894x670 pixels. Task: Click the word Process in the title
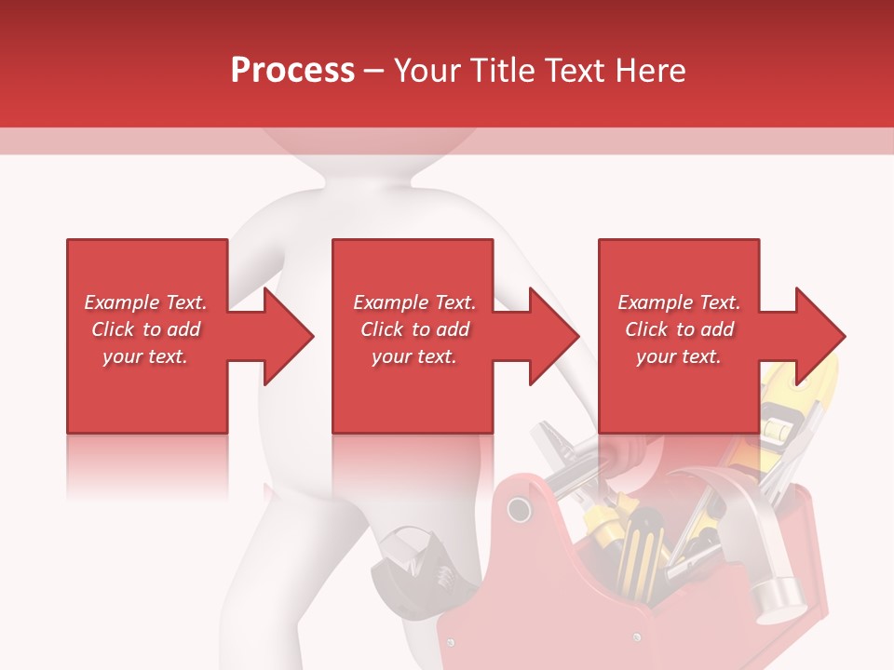pyautogui.click(x=292, y=70)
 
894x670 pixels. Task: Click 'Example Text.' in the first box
pyautogui.click(x=145, y=302)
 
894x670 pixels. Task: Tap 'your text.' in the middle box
pyautogui.click(x=413, y=356)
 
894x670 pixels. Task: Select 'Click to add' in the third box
pyautogui.click(x=679, y=329)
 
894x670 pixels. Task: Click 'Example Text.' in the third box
pyautogui.click(x=679, y=302)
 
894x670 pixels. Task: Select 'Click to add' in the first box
pyautogui.click(x=145, y=329)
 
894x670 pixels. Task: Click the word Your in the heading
pyautogui.click(x=430, y=70)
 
